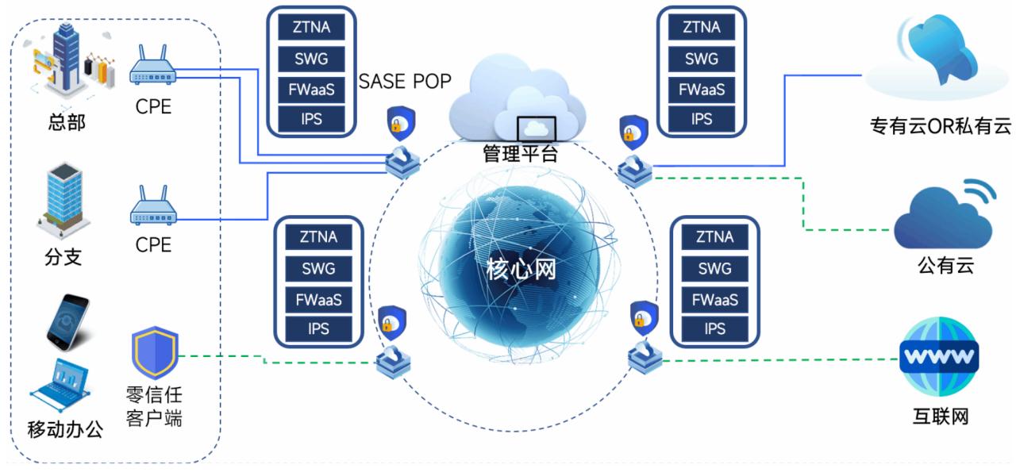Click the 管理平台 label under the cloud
[x=520, y=153]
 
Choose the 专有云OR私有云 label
[x=941, y=126]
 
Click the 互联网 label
[x=941, y=416]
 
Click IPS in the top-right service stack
[x=702, y=119]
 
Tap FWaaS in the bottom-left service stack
[x=318, y=298]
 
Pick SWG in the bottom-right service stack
[x=714, y=268]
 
